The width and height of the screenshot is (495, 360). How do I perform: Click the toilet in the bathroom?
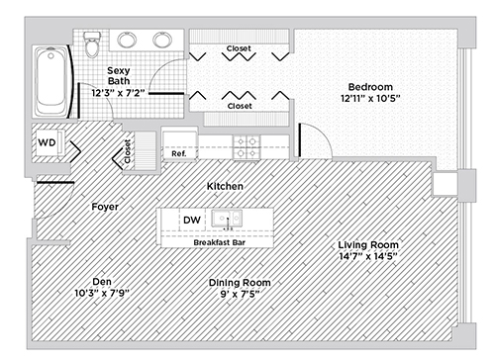pyautogui.click(x=92, y=45)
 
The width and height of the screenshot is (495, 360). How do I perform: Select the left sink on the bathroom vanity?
pyautogui.click(x=127, y=40)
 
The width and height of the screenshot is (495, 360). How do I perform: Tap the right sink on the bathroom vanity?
pyautogui.click(x=162, y=40)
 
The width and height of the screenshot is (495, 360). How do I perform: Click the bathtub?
pyautogui.click(x=50, y=81)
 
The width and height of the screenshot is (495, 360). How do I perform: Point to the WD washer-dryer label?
pyautogui.click(x=47, y=142)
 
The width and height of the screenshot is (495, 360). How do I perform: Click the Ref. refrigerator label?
pyautogui.click(x=179, y=153)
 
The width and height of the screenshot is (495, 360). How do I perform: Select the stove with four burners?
pyautogui.click(x=247, y=147)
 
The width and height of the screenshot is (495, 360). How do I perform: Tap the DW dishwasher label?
pyautogui.click(x=192, y=220)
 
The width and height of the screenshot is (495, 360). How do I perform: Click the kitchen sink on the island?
pyautogui.click(x=227, y=219)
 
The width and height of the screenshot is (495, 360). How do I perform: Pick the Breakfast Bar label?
pyautogui.click(x=219, y=242)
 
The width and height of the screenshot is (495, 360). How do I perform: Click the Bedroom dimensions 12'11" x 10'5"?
pyautogui.click(x=370, y=98)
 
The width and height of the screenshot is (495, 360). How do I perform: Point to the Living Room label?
pyautogui.click(x=368, y=245)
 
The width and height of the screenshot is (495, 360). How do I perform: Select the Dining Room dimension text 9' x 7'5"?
pyautogui.click(x=240, y=294)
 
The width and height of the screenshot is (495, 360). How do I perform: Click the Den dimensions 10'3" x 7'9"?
pyautogui.click(x=102, y=293)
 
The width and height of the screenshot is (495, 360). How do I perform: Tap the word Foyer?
pyautogui.click(x=105, y=207)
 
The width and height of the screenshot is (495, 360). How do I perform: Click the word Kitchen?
pyautogui.click(x=225, y=186)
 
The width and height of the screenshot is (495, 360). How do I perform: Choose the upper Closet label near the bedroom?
pyautogui.click(x=239, y=48)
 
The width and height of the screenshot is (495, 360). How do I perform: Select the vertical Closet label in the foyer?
pyautogui.click(x=128, y=151)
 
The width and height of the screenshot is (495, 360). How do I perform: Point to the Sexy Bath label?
pyautogui.click(x=119, y=75)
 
